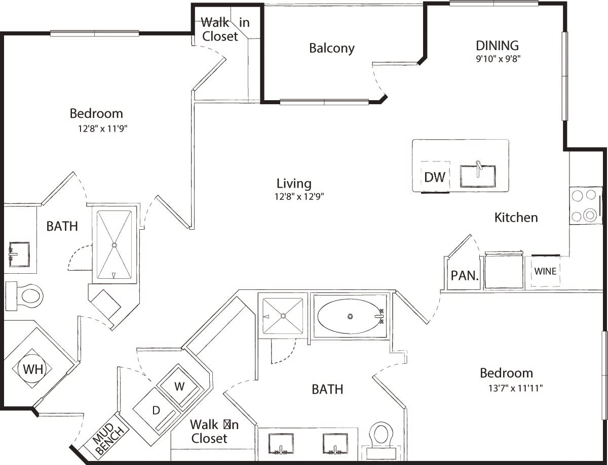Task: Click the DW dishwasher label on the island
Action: click(435, 177)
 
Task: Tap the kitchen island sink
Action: click(478, 176)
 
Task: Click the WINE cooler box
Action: click(545, 272)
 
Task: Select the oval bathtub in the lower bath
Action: click(350, 317)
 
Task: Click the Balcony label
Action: click(332, 49)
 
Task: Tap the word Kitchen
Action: click(516, 218)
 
